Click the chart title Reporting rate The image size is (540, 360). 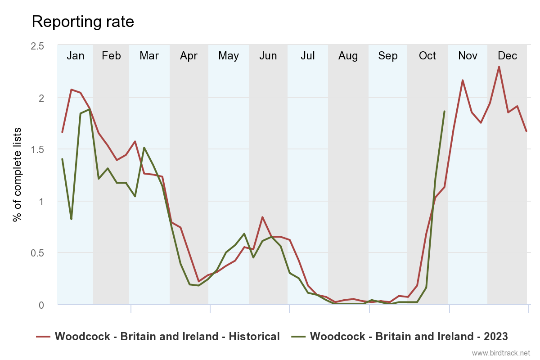pos(83,22)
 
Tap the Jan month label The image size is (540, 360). pos(76,56)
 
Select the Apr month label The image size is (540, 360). pos(189,56)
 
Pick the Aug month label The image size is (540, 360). pos(348,56)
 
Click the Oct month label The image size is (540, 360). pos(427,56)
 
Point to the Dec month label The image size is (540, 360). pos(507,56)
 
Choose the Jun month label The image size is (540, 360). pos(268,56)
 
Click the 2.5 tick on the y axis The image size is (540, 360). pos(38,46)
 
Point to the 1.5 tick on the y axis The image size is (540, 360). pos(38,149)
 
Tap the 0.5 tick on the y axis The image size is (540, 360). pos(38,253)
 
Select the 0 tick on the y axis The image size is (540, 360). pos(41,305)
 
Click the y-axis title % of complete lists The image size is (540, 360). pos(17,175)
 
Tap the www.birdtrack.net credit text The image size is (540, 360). pos(501,352)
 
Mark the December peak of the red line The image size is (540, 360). pos(499,67)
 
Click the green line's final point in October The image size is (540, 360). pos(445,111)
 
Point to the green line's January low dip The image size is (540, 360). pos(71,219)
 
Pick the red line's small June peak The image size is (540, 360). pos(262,217)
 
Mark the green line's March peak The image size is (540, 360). pos(144,148)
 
